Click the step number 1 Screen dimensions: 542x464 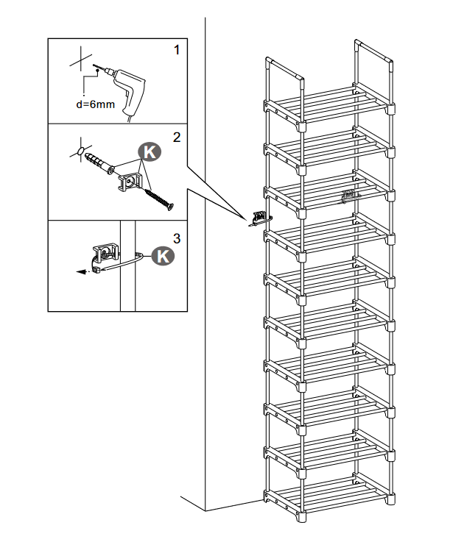(x=176, y=50)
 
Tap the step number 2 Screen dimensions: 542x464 (x=176, y=136)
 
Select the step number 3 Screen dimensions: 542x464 (x=176, y=237)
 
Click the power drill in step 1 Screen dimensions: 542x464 (x=125, y=84)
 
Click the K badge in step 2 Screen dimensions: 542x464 (x=150, y=152)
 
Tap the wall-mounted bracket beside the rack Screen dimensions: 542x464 (x=259, y=218)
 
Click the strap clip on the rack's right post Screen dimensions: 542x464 (x=348, y=197)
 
